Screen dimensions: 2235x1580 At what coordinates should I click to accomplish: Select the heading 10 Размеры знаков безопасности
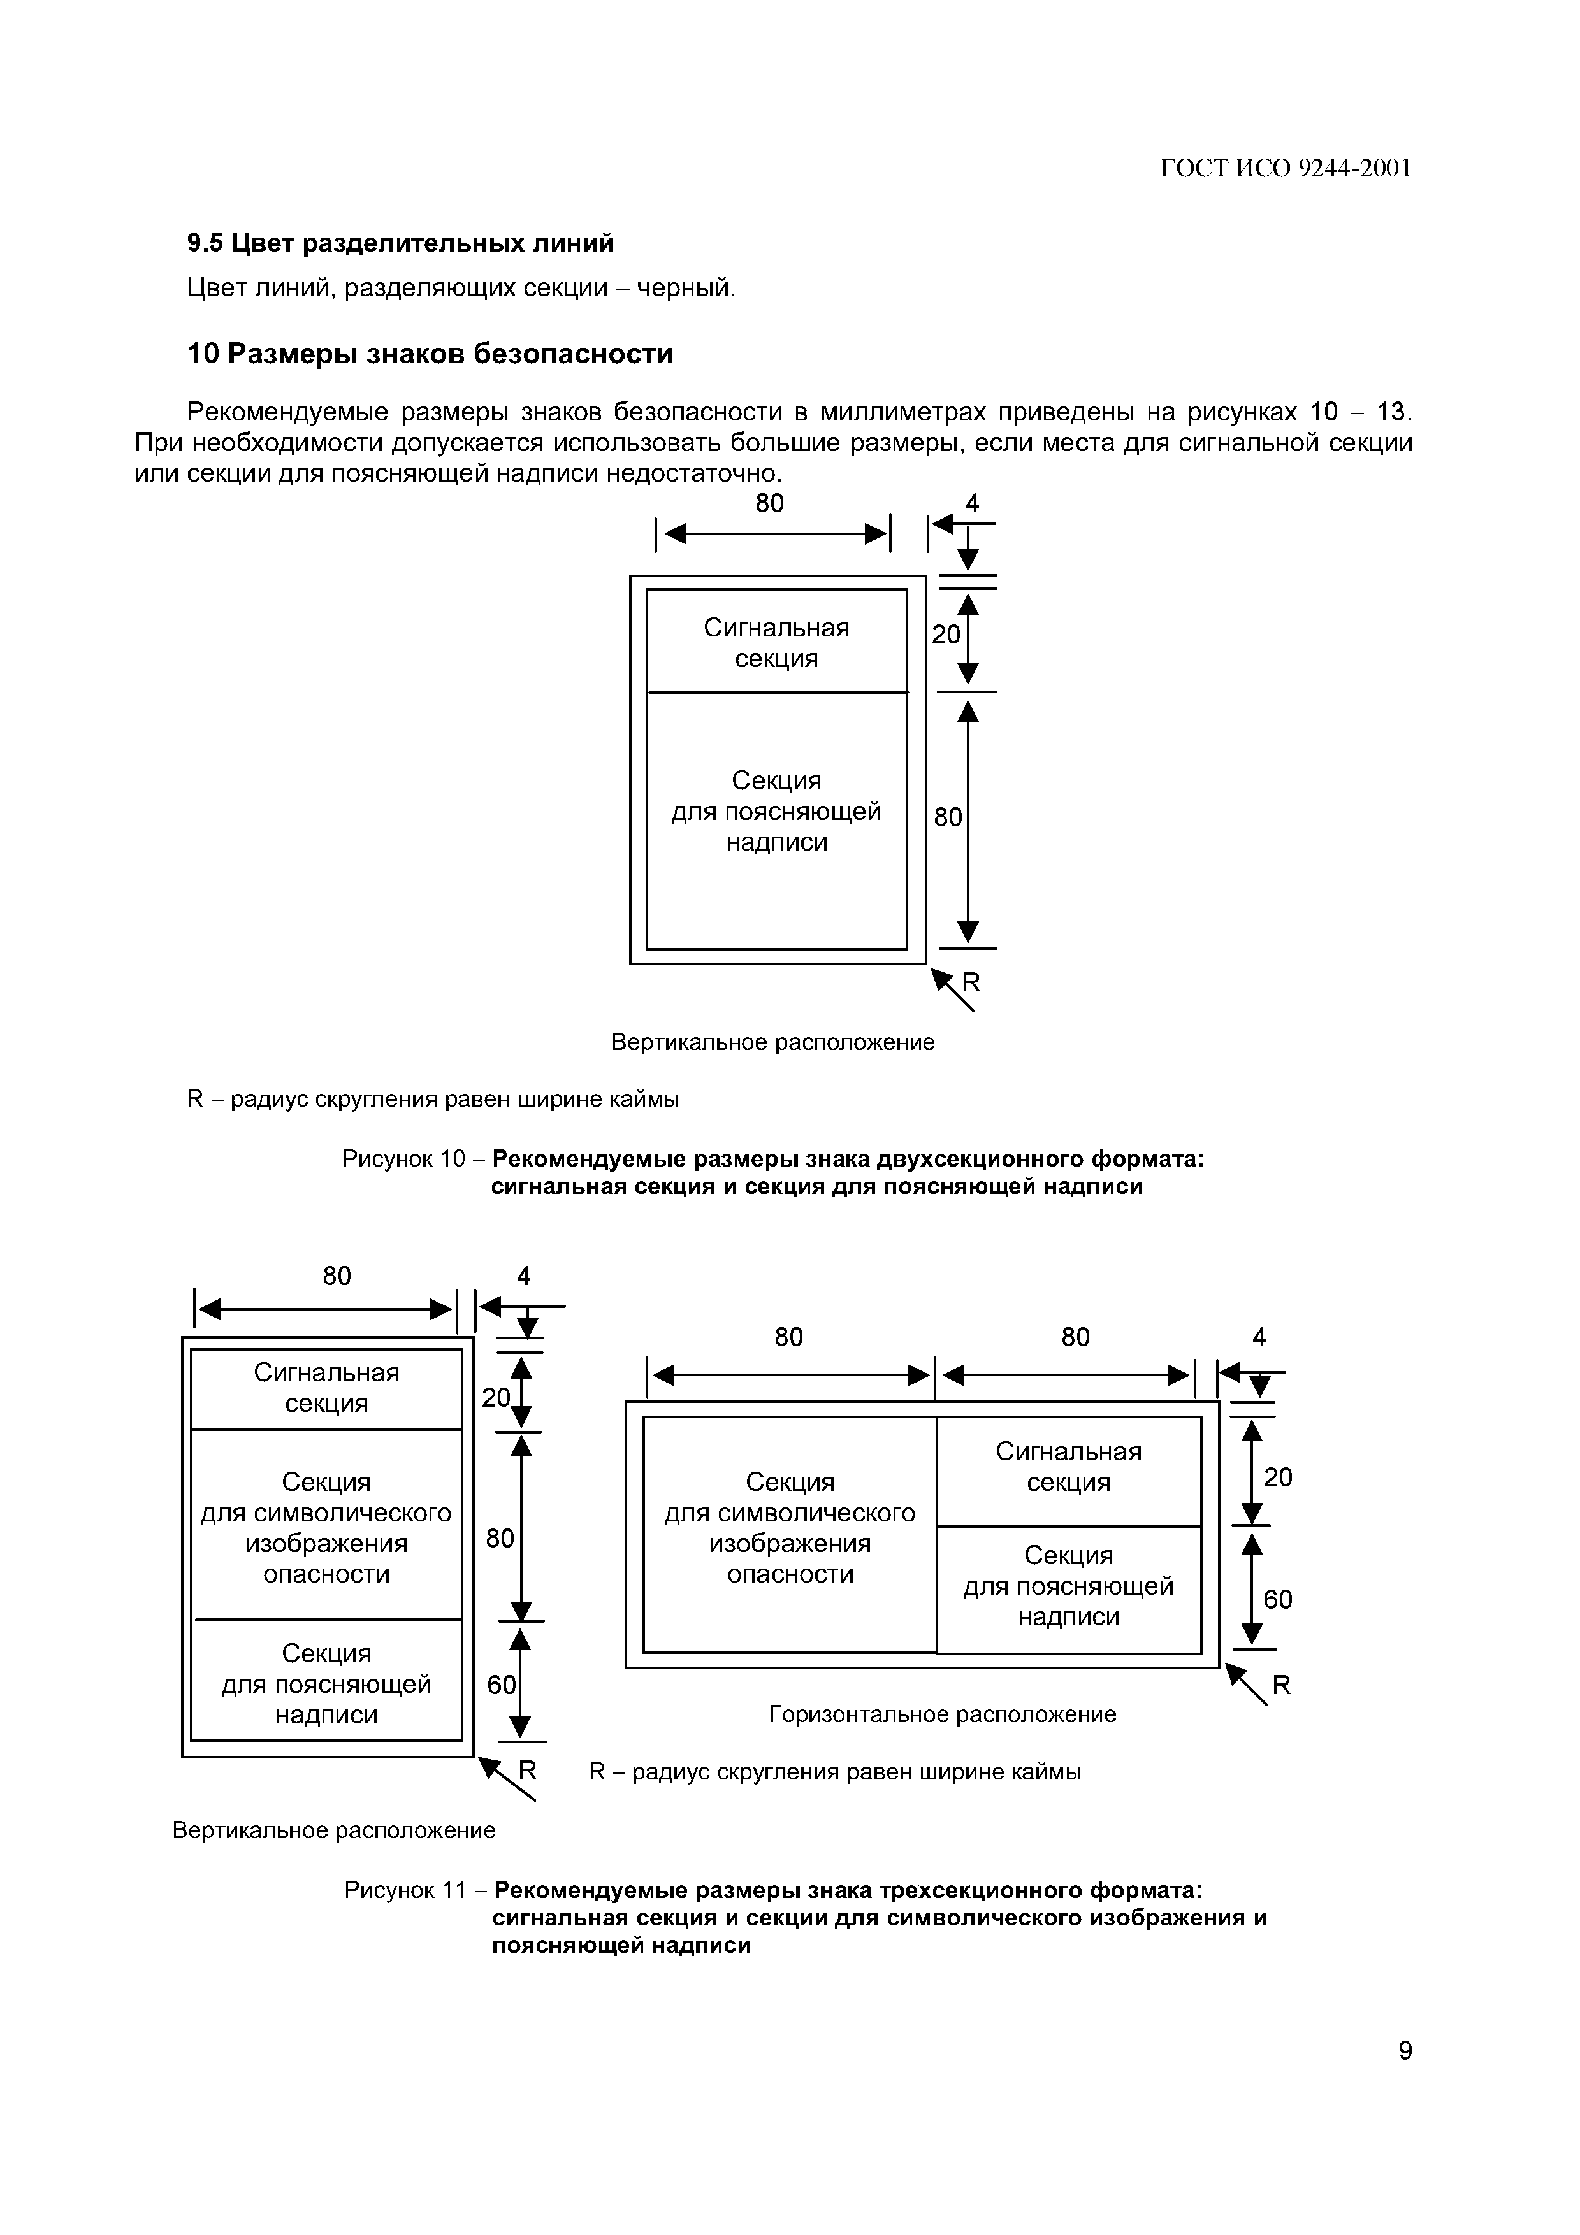coord(430,354)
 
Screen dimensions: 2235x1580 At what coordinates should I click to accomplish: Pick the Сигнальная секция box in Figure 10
coord(776,642)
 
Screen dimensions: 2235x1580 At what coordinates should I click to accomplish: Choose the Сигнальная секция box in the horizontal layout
coord(1068,1467)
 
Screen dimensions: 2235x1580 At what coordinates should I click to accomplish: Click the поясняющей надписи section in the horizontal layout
coord(1068,1586)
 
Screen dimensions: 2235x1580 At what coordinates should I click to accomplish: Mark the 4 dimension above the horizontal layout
coord(1259,1337)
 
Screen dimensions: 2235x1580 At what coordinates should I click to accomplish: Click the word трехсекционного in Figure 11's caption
coord(982,1890)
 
